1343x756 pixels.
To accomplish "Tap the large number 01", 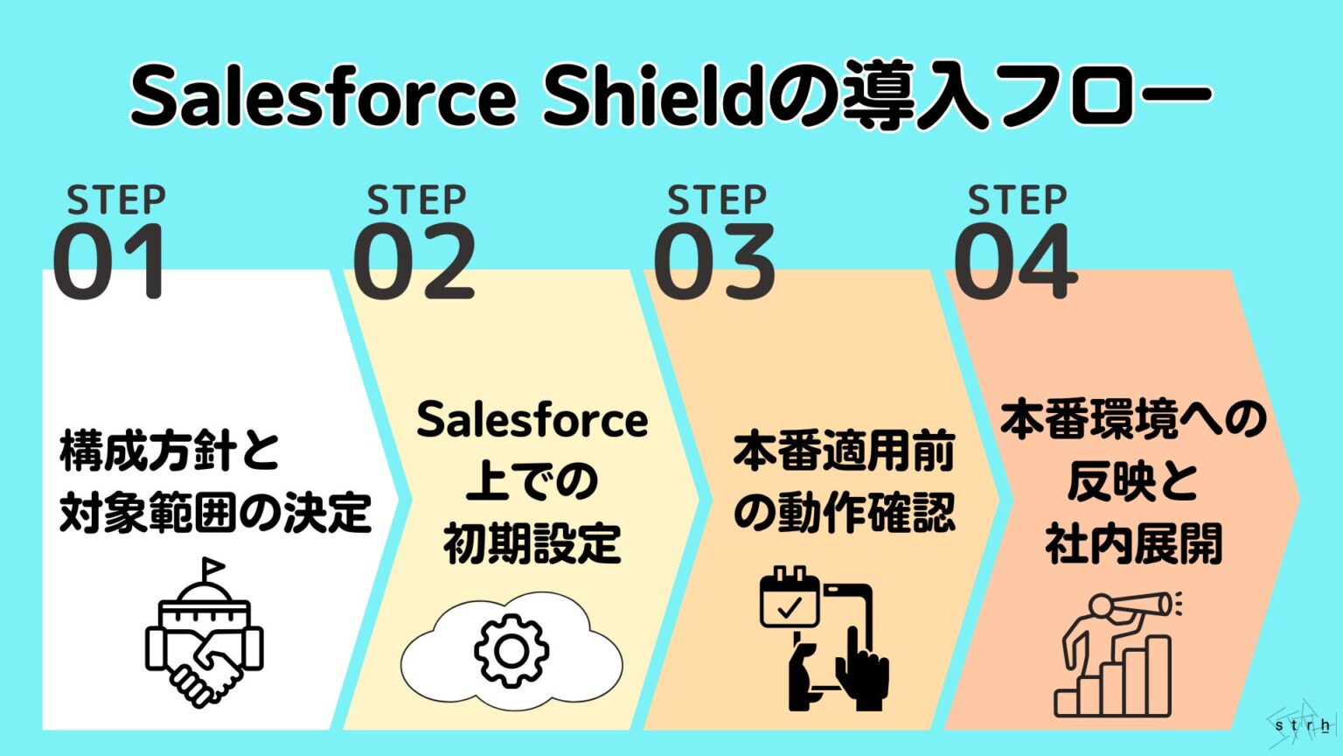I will [109, 262].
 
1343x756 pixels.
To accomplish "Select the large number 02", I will [414, 262].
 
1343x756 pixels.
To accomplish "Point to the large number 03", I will [714, 262].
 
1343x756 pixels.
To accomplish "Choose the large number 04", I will [1015, 262].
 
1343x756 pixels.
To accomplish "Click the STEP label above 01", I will [116, 201].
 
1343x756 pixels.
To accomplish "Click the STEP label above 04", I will [1017, 201].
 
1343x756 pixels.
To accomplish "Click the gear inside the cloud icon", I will [511, 650].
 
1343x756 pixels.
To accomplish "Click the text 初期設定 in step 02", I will [532, 544].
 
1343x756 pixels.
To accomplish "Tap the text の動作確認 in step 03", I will [844, 513].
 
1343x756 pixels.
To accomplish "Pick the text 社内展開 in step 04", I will [1133, 544].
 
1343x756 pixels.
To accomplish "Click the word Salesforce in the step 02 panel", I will [532, 421].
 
